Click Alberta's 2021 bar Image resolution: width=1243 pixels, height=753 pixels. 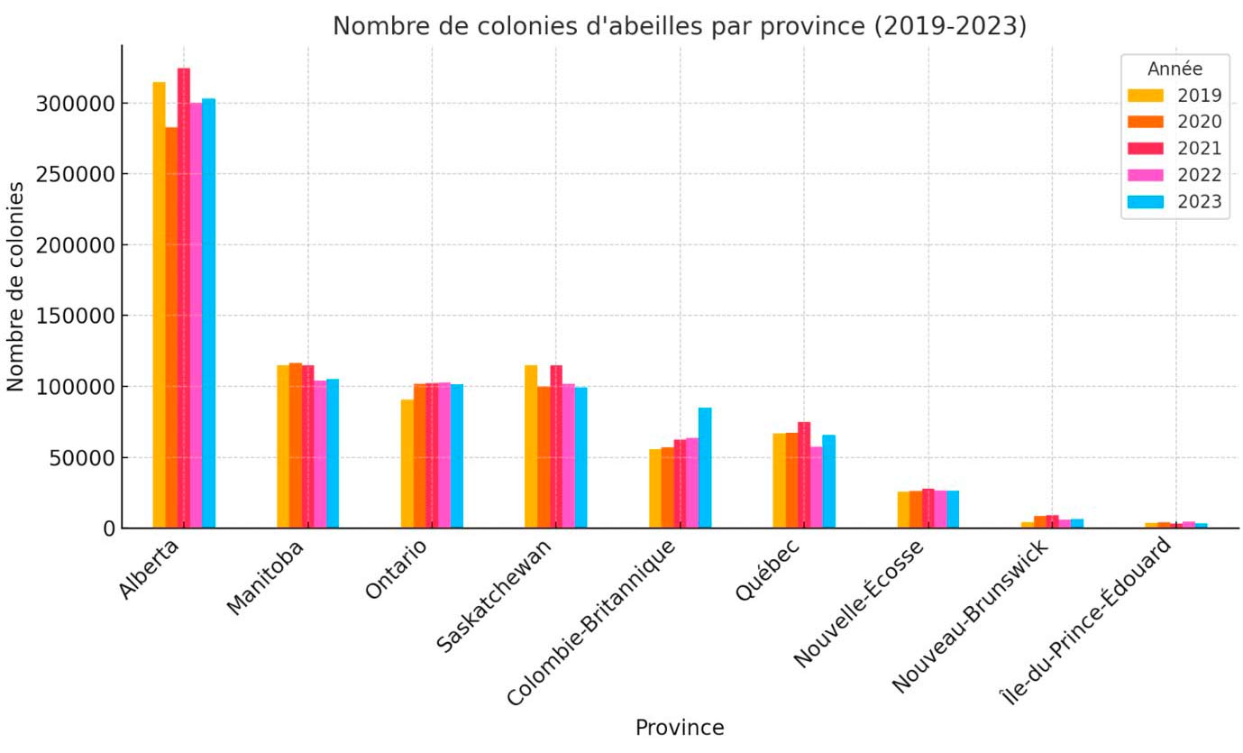coord(184,298)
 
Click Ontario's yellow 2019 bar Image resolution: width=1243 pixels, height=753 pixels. coord(407,464)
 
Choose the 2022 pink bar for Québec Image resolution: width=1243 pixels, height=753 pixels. coord(817,487)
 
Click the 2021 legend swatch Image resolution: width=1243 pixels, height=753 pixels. coord(1146,149)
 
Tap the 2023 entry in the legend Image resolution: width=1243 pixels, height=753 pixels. coord(1199,202)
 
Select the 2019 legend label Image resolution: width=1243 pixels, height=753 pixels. coord(1199,96)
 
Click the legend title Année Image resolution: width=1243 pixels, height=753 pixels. coord(1174,69)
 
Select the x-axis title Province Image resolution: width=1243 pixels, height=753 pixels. coord(679,728)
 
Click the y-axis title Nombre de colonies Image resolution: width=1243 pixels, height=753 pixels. coord(16,286)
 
